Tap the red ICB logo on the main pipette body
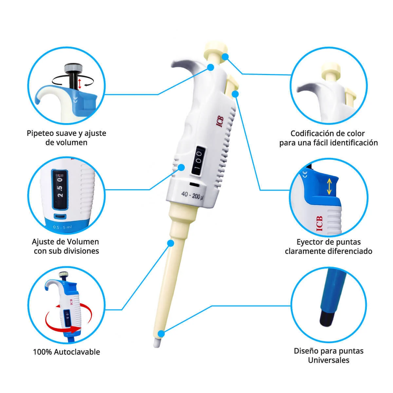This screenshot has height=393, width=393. tap(220, 122)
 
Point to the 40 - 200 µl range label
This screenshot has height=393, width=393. tap(192, 196)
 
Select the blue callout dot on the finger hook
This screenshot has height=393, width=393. tap(211, 67)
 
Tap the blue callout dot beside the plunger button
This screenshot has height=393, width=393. tap(225, 57)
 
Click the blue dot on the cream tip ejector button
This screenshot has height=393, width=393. tap(235, 94)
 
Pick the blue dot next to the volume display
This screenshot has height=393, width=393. tap(181, 167)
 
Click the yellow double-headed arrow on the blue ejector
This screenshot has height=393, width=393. tap(329, 186)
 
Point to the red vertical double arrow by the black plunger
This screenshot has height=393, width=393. tap(80, 84)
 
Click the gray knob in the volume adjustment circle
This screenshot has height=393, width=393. tap(73, 68)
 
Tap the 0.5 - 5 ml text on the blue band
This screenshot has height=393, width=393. tap(62, 227)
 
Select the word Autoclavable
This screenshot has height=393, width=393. tap(77, 352)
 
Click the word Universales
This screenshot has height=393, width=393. tap(328, 360)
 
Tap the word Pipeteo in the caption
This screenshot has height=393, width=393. tap(40, 133)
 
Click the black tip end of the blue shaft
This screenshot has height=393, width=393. tap(327, 320)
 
